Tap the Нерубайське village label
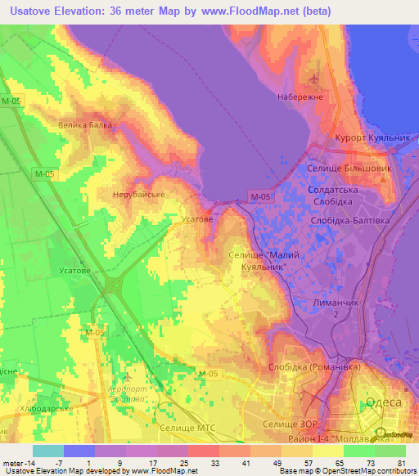[x=139, y=195]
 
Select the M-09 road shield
[x=95, y=333]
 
